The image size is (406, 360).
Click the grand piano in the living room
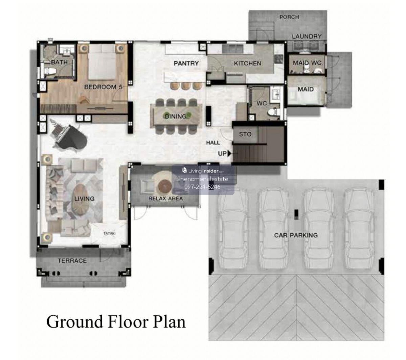point(69,138)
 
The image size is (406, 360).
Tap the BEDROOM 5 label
point(103,87)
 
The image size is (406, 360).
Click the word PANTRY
point(186,63)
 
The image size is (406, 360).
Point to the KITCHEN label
point(247,63)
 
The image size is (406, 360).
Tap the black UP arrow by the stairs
point(229,153)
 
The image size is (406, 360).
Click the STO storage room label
point(245,134)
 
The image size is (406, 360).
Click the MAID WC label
point(307,63)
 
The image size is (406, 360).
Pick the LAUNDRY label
point(307,37)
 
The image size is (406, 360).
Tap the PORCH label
point(289,17)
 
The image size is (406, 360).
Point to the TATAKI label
point(109,233)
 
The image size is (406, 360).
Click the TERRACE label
point(72,261)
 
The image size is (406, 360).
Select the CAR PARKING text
point(296,235)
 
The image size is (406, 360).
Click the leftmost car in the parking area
point(233,228)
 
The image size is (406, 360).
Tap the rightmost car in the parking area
point(360,228)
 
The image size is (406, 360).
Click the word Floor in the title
point(128,322)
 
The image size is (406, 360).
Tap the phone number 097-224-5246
point(202,187)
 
